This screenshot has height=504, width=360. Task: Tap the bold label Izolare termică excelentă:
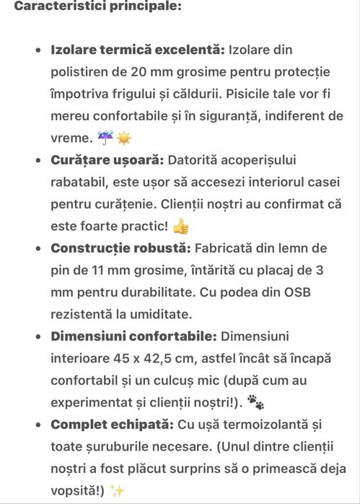[137, 50]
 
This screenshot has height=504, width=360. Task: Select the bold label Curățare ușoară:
[107, 160]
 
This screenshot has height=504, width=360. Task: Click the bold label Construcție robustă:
[120, 248]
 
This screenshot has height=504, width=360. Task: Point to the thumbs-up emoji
[180, 226]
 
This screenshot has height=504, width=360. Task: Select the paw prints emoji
[255, 402]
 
